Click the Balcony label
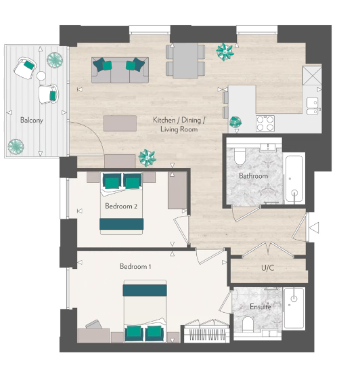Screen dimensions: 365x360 (32, 120)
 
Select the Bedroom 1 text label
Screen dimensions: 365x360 (135, 267)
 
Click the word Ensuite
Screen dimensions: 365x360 (260, 307)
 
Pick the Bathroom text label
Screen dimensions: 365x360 (253, 176)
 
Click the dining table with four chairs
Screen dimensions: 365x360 (185, 60)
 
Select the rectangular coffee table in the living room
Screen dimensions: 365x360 (119, 123)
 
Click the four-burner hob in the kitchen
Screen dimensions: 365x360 (265, 123)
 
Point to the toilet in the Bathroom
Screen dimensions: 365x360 (238, 157)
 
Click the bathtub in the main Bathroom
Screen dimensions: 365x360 (294, 179)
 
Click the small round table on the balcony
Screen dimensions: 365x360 (41, 76)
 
